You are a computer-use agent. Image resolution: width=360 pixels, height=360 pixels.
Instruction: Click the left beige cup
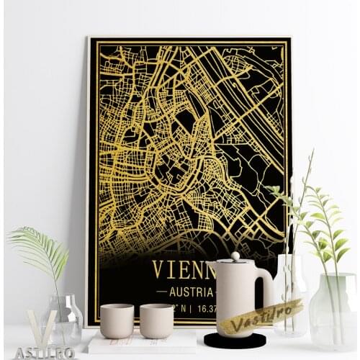(x=117, y=320)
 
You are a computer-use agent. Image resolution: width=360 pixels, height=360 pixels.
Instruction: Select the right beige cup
(x=156, y=320)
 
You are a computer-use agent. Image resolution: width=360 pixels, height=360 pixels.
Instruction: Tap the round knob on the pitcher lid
(x=235, y=256)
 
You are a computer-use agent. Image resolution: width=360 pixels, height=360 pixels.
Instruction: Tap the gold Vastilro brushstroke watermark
(x=261, y=316)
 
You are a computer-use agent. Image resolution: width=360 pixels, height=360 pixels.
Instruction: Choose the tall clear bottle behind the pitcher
(x=291, y=288)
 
